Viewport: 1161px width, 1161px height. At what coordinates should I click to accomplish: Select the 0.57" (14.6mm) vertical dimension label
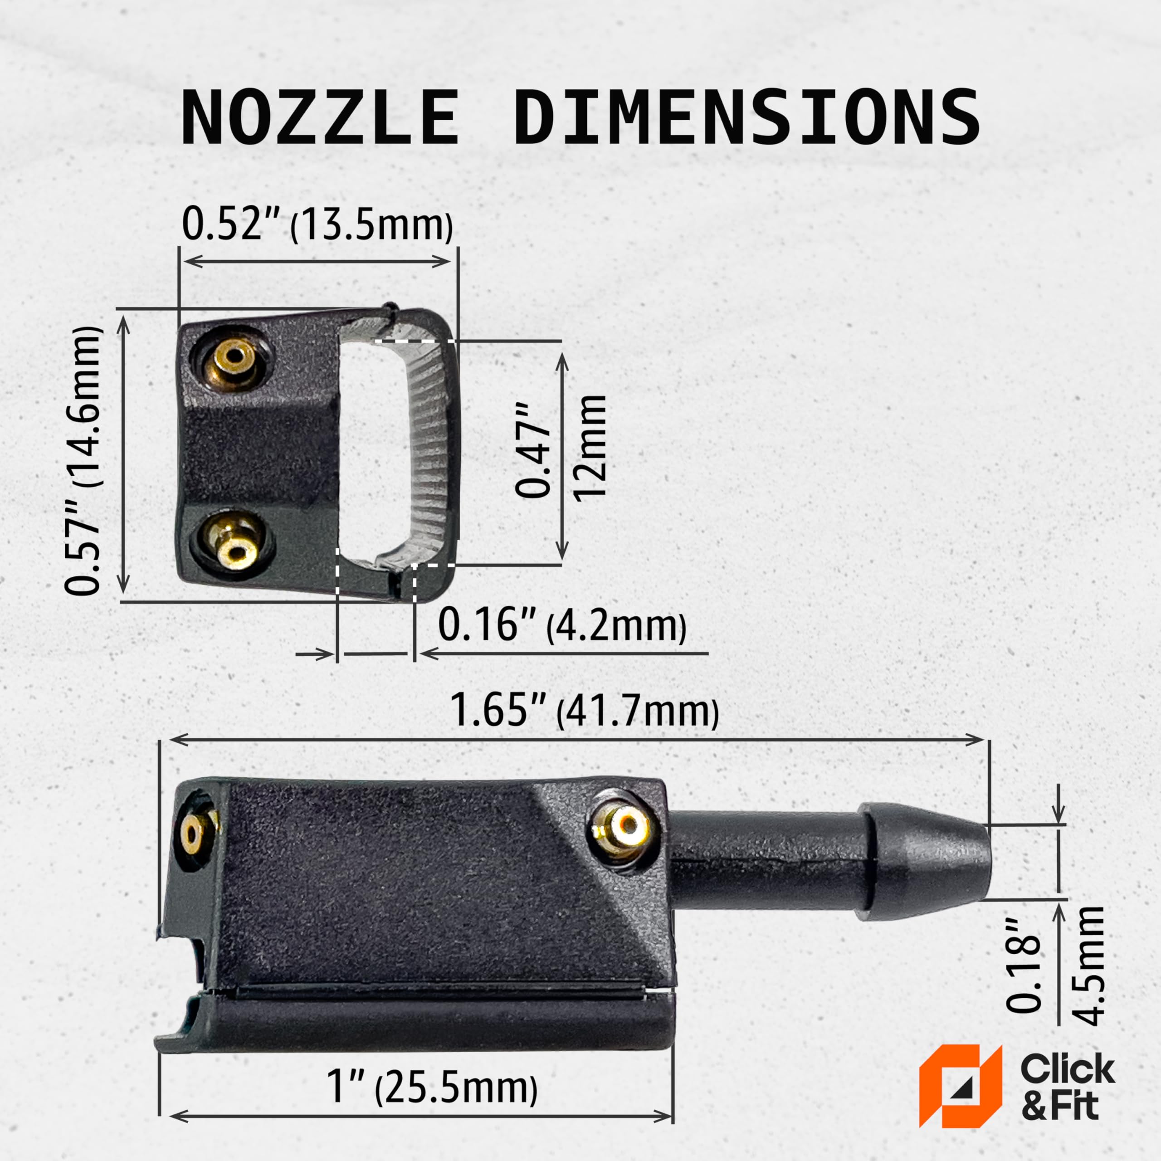(83, 461)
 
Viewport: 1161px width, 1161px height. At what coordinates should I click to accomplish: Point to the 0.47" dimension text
(533, 450)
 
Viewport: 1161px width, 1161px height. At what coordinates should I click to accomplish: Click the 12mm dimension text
(589, 448)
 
